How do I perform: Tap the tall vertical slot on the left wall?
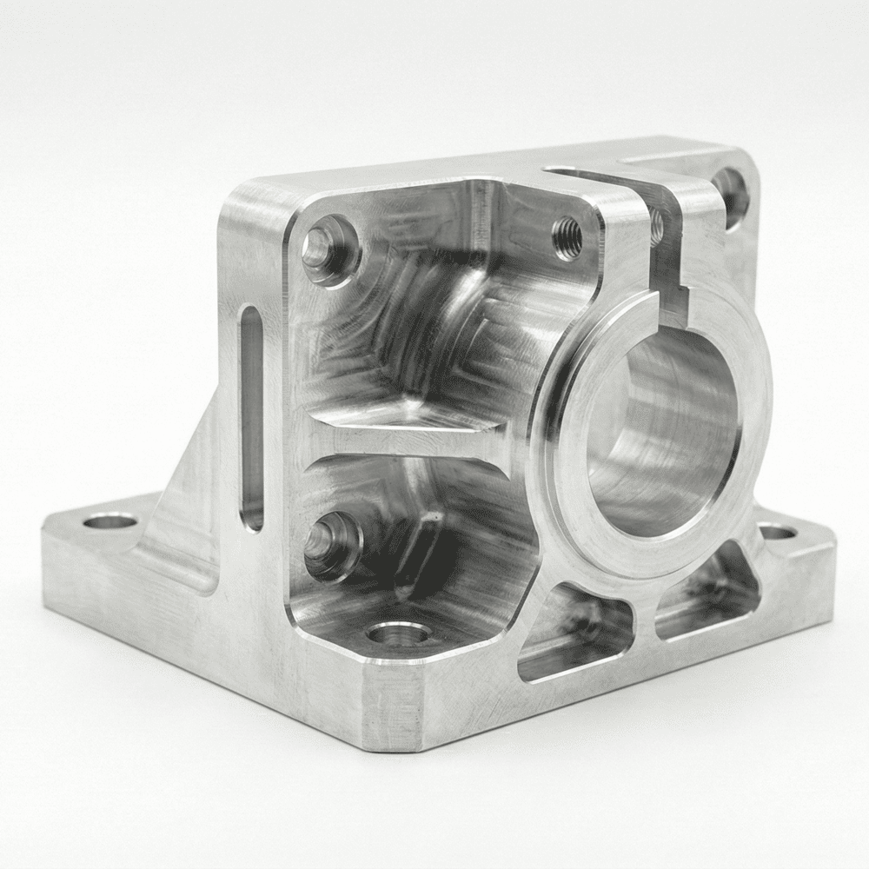pyautogui.click(x=251, y=417)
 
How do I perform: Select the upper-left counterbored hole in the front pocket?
pyautogui.click(x=328, y=249)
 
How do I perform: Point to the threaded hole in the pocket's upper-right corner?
pyautogui.click(x=567, y=237)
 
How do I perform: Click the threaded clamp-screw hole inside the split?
pyautogui.click(x=657, y=228)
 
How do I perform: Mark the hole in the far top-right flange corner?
pyautogui.click(x=730, y=193)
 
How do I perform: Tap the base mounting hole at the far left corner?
pyautogui.click(x=111, y=523)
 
